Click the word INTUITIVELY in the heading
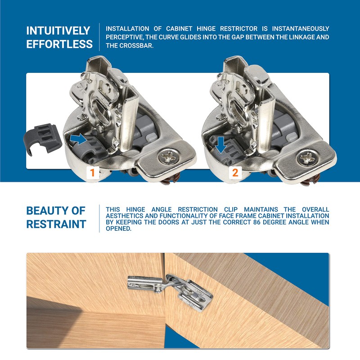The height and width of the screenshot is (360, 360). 58,31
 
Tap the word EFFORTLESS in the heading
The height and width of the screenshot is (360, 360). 59,45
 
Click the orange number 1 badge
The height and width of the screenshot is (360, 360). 93,172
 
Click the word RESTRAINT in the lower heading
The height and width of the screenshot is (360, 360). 56,224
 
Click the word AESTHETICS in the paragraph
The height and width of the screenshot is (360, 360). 125,216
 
